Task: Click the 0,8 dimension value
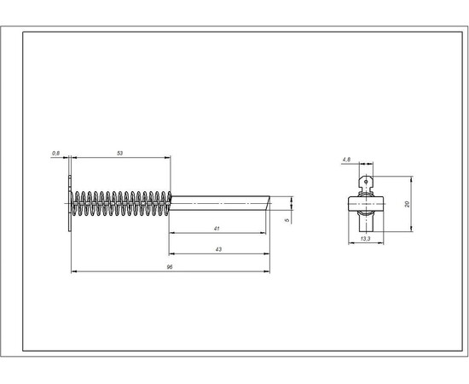click(x=55, y=154)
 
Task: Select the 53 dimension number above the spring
click(x=119, y=154)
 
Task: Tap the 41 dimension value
click(x=217, y=229)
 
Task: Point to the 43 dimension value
click(x=218, y=249)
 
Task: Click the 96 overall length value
click(x=170, y=267)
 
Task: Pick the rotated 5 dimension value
click(x=287, y=220)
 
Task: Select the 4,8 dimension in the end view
click(x=346, y=160)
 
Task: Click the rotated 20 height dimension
click(x=407, y=204)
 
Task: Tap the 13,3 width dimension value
click(x=365, y=239)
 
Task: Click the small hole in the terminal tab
click(x=366, y=182)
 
